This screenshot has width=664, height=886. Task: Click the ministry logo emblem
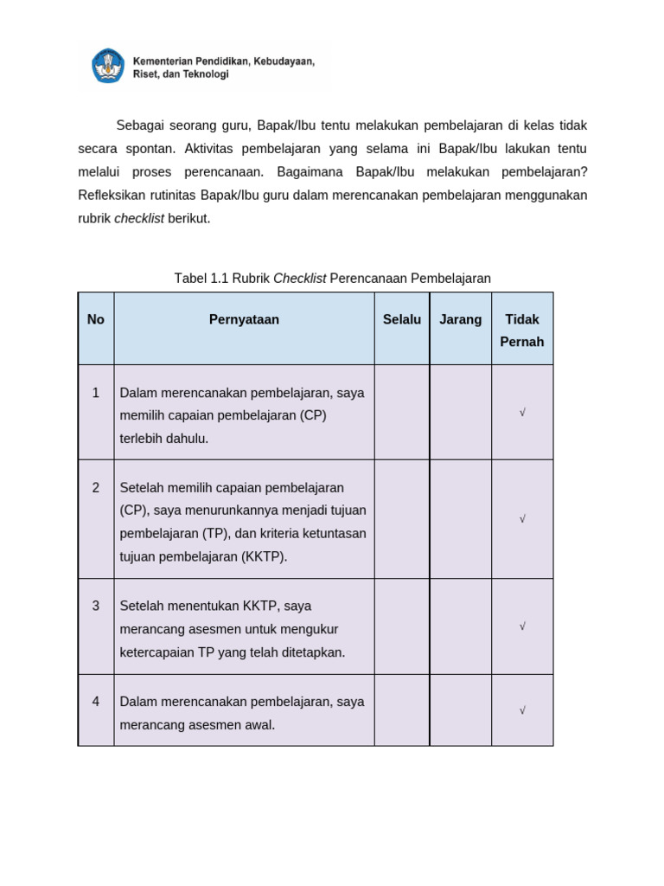pyautogui.click(x=109, y=66)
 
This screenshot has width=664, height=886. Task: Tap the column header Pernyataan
pyautogui.click(x=244, y=319)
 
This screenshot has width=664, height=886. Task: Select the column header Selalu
pyautogui.click(x=402, y=319)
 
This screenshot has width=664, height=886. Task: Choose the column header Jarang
pyautogui.click(x=460, y=319)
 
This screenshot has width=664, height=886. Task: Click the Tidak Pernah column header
pyautogui.click(x=522, y=331)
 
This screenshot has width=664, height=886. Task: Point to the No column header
pyautogui.click(x=96, y=319)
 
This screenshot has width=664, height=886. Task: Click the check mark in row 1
pyautogui.click(x=522, y=413)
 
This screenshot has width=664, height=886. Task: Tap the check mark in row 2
pyautogui.click(x=522, y=519)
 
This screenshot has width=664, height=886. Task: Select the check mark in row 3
pyautogui.click(x=522, y=626)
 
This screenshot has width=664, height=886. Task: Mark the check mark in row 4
pyautogui.click(x=522, y=710)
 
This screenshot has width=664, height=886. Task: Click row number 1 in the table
pyautogui.click(x=96, y=393)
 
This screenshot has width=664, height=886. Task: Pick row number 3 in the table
pyautogui.click(x=96, y=606)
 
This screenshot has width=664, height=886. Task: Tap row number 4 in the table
pyautogui.click(x=96, y=702)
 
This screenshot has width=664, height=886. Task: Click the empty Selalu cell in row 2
pyautogui.click(x=402, y=519)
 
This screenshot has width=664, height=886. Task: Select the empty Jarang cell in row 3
pyautogui.click(x=460, y=626)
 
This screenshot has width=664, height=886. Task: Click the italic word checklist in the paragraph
pyautogui.click(x=139, y=219)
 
